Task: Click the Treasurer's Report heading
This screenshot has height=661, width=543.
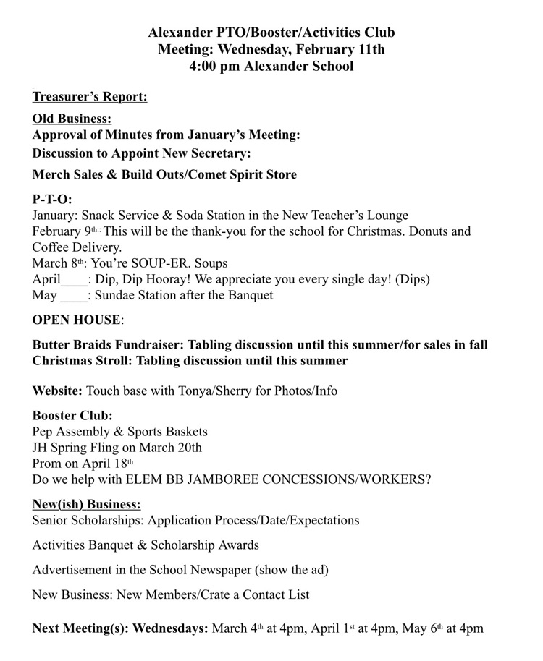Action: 90,96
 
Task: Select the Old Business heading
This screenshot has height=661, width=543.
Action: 72,118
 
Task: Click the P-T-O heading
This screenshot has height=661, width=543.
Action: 52,199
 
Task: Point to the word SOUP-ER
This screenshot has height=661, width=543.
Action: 160,263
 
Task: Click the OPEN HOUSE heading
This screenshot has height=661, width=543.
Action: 76,319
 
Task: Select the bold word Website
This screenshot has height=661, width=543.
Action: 57,391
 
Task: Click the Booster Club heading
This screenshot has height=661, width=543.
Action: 72,416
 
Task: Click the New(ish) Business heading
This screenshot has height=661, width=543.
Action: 86,504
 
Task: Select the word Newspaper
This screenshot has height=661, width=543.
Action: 218,570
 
